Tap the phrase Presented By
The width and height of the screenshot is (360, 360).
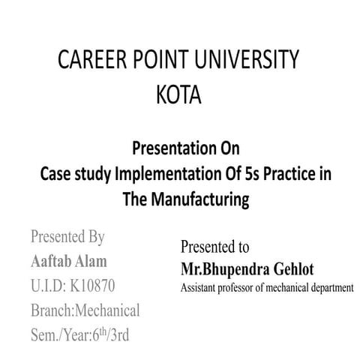point(67,238)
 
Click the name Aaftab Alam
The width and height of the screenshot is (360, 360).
point(68,262)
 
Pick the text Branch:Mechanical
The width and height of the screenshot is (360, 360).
point(85,310)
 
